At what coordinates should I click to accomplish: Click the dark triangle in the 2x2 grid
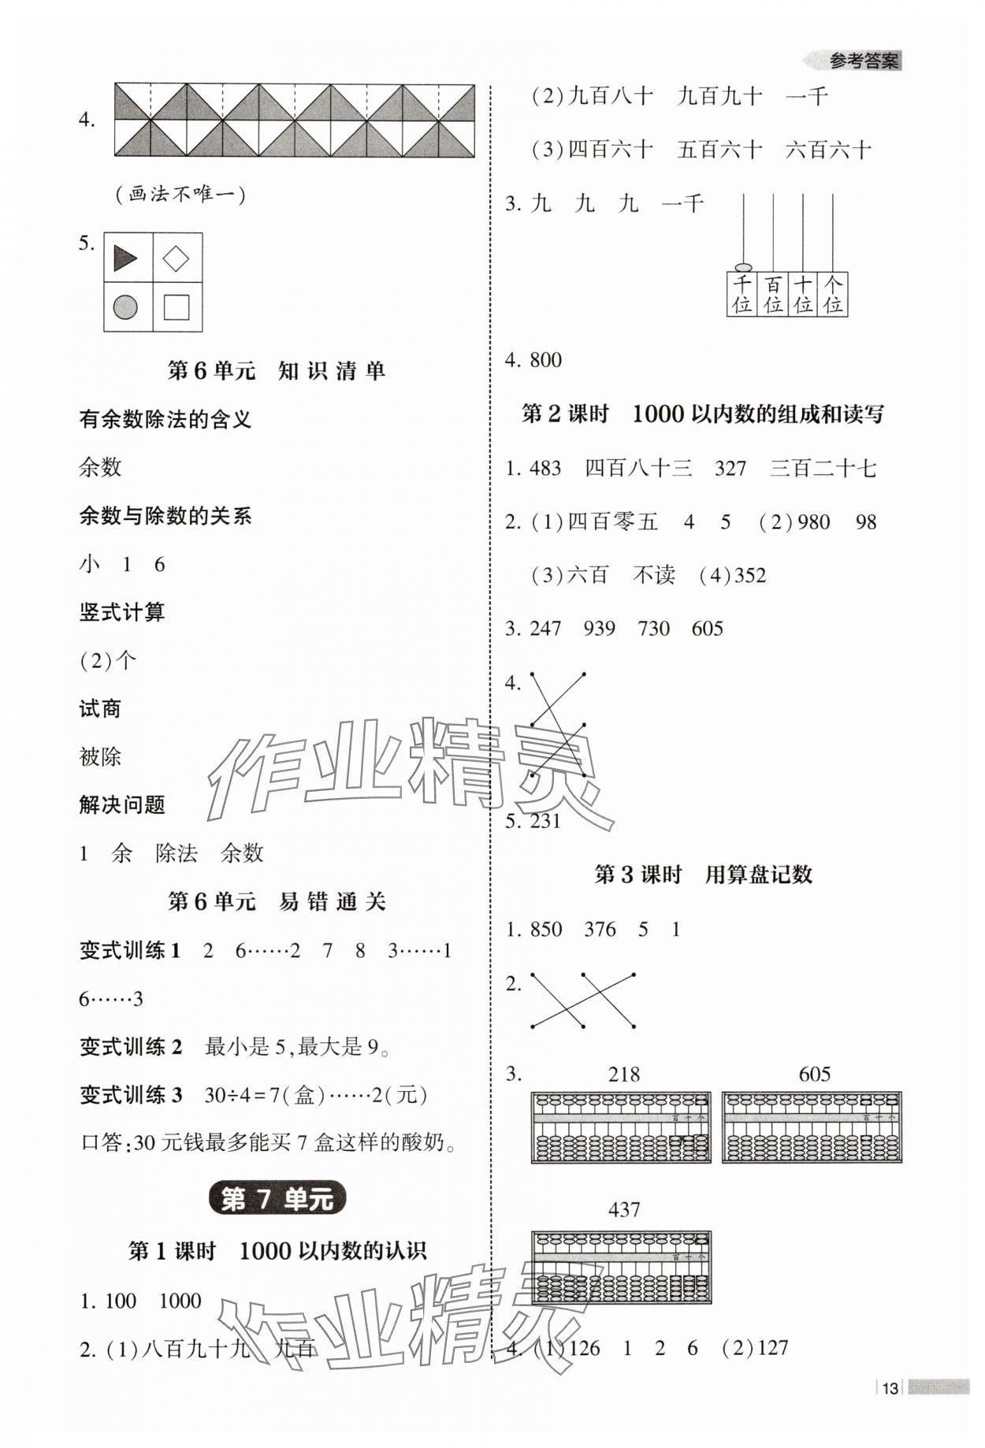[125, 258]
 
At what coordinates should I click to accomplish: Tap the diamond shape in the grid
[176, 258]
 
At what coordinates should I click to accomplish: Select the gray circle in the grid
[125, 307]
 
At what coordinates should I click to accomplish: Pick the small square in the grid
[176, 307]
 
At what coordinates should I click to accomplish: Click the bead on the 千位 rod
[742, 268]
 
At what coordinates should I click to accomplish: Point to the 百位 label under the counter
[773, 295]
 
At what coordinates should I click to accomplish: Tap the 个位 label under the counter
[832, 295]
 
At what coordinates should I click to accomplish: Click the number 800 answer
[545, 361]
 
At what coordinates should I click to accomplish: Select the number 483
[545, 469]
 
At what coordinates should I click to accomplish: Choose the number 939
[600, 629]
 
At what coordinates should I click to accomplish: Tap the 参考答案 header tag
[864, 61]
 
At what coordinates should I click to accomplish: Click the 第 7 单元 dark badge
[277, 1199]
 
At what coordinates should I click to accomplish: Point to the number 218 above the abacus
[624, 1075]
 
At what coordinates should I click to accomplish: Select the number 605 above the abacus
[814, 1075]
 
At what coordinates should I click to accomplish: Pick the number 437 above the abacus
[624, 1209]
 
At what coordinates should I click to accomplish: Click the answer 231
[545, 822]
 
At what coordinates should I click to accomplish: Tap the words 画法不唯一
[180, 194]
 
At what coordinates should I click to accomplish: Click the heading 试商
[100, 709]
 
